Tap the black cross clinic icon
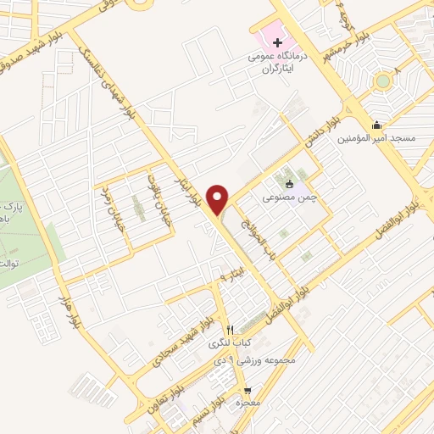[x=277, y=42]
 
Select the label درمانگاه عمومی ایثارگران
[x=275, y=58]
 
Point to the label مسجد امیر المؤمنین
[x=376, y=138]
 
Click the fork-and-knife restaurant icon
[x=229, y=330]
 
